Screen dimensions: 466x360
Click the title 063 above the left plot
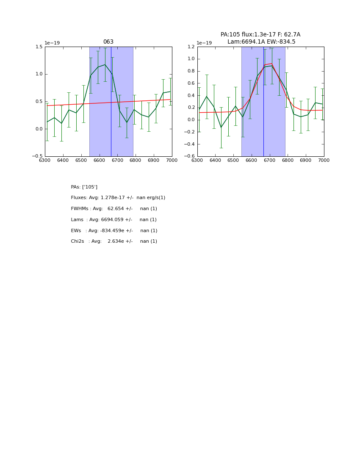tap(108, 42)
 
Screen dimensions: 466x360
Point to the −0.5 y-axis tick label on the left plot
tap(37, 156)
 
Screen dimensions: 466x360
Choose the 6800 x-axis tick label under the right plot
tap(288, 160)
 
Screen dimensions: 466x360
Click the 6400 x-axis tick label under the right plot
tap(215, 160)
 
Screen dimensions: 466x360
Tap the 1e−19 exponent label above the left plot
tap(52, 43)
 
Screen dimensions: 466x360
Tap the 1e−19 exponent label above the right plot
tap(204, 43)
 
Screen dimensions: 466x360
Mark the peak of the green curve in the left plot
tap(105, 65)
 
